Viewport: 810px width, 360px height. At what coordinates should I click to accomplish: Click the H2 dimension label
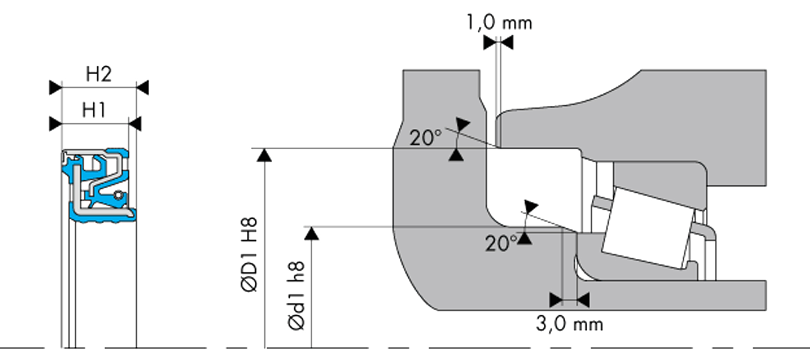coord(99,74)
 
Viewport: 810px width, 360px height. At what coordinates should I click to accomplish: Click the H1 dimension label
coord(94,110)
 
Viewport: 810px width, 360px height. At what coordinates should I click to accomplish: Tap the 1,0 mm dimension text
coord(499,22)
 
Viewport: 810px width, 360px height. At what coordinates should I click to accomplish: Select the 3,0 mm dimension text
coord(570,324)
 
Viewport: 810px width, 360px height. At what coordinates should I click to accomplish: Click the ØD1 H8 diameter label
coord(249,254)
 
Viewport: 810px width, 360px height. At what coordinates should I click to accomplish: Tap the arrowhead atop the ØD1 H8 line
coord(264,155)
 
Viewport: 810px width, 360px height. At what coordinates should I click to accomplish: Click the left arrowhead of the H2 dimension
coord(55,87)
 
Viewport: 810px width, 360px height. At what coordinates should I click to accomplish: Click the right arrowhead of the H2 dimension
coord(142,87)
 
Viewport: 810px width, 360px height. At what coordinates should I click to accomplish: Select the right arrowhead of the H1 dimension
coord(135,124)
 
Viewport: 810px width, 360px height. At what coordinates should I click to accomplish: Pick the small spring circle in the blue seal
coord(118,195)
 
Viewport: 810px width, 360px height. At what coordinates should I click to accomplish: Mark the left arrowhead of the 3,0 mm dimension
coord(556,300)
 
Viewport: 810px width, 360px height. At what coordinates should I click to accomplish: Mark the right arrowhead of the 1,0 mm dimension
coord(506,43)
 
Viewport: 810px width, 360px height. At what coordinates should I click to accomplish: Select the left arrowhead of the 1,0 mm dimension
coord(490,43)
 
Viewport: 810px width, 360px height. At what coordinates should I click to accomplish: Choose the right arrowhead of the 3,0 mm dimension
coord(583,300)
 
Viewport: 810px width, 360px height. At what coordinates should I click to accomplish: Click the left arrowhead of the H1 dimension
coord(55,124)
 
